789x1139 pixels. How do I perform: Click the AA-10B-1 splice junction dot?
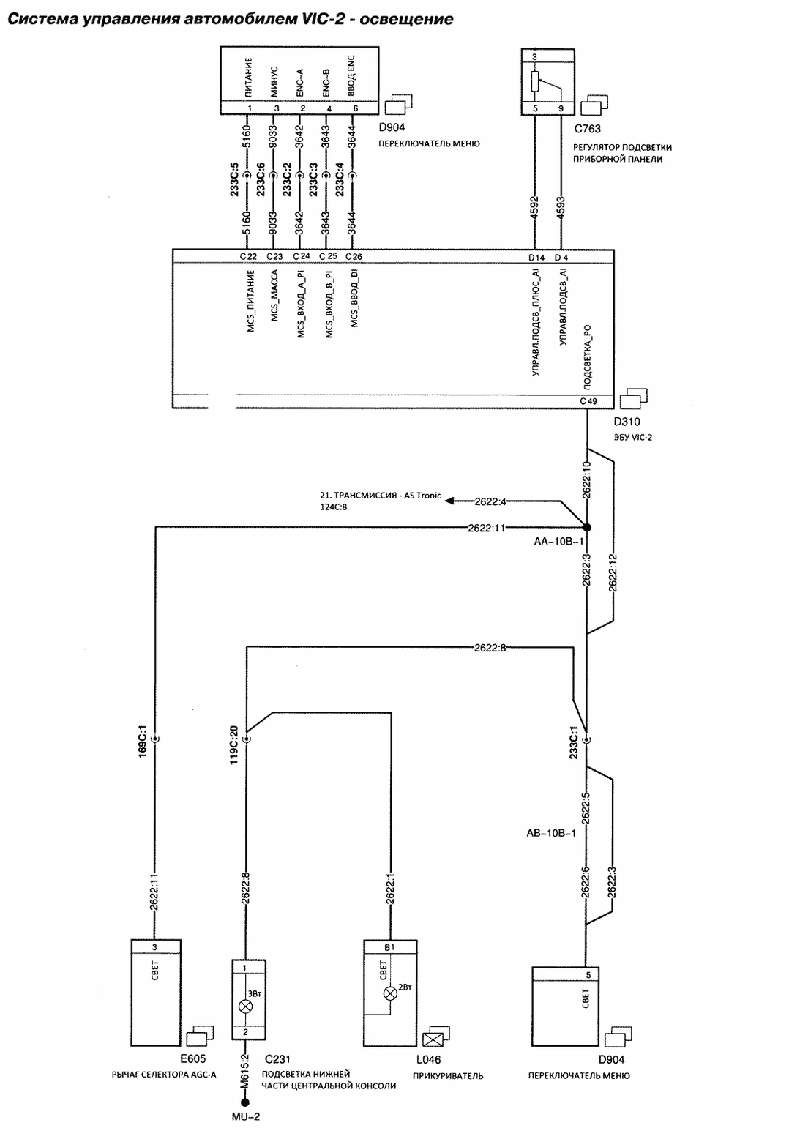[586, 527]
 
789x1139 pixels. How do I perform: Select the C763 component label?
[587, 129]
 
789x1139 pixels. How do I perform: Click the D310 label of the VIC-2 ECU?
[627, 422]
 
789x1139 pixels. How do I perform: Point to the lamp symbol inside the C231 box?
[245, 1006]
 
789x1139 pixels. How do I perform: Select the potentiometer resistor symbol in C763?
[534, 81]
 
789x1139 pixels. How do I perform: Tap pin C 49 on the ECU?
[588, 401]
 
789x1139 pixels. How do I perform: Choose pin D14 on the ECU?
[536, 258]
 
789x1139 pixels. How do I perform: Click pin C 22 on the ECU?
[248, 257]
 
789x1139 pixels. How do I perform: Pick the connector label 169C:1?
[142, 744]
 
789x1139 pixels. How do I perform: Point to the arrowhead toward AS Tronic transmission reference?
[449, 501]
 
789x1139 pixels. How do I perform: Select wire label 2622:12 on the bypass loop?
[613, 572]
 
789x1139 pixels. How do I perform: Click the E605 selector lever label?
[193, 1058]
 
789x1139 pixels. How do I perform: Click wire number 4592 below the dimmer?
[534, 207]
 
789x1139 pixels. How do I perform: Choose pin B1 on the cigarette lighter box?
[389, 947]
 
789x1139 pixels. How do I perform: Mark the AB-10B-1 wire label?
[551, 834]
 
